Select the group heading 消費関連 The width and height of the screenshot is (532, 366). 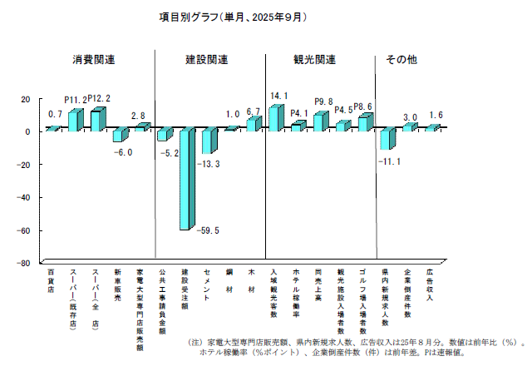[93, 60]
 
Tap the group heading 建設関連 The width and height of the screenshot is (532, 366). [206, 60]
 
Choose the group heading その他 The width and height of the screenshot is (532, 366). [401, 60]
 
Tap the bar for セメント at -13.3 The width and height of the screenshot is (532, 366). [208, 141]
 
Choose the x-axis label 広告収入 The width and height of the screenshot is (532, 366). [430, 285]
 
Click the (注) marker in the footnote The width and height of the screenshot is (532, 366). [195, 342]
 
